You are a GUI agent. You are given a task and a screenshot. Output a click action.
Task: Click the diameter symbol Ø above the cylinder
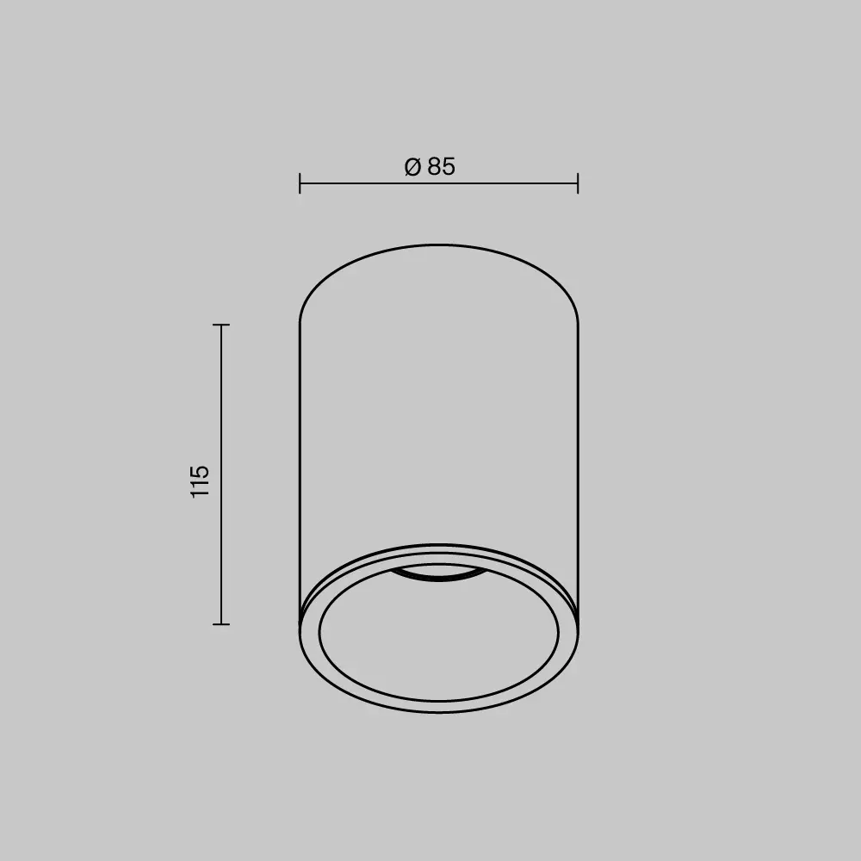412,167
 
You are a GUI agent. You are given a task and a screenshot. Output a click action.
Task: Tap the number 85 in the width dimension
441,167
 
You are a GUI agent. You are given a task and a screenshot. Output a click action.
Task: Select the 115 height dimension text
200,481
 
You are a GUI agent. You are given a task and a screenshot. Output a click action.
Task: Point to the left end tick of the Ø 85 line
300,183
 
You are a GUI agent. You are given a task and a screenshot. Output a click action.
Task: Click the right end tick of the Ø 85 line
578,183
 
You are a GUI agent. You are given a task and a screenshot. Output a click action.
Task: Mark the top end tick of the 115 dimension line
221,325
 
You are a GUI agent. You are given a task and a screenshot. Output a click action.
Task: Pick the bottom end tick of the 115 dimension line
221,623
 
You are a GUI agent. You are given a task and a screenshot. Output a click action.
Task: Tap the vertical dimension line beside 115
221,405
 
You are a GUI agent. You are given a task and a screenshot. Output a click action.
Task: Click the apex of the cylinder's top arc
439,245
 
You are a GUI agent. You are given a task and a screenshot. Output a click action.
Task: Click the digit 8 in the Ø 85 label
433,167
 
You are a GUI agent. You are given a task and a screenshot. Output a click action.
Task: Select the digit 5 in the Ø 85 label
449,167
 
